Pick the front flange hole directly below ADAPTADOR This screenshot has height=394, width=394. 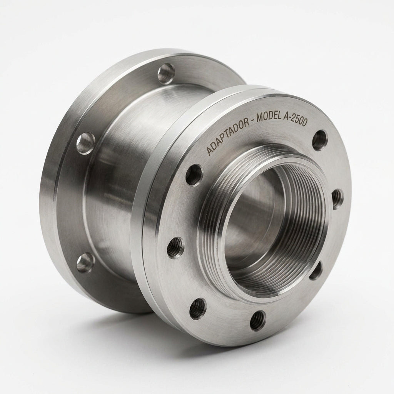click(194, 174)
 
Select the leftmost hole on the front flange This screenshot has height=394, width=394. click(175, 247)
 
